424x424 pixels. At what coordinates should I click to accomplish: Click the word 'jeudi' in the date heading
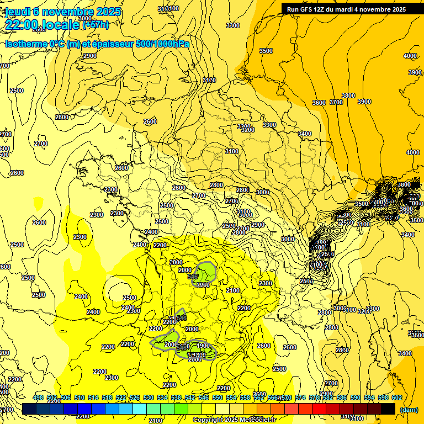click(17, 12)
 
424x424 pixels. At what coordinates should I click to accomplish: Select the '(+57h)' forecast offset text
click(96, 25)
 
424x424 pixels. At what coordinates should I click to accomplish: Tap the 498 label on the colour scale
click(38, 398)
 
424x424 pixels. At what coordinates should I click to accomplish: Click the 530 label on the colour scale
click(149, 398)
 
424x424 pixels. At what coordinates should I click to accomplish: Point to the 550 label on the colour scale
click(218, 398)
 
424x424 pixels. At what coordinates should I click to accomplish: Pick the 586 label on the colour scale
click(341, 398)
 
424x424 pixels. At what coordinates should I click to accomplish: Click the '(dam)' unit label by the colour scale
click(408, 409)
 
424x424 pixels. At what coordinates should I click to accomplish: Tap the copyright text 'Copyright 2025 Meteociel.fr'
click(234, 420)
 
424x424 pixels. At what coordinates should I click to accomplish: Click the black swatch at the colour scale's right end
click(388, 409)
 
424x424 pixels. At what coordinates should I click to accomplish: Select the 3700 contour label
click(336, 102)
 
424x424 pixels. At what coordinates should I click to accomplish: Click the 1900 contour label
click(203, 346)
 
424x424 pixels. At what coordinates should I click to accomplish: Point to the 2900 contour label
click(258, 225)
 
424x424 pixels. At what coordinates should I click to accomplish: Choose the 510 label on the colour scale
click(79, 398)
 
